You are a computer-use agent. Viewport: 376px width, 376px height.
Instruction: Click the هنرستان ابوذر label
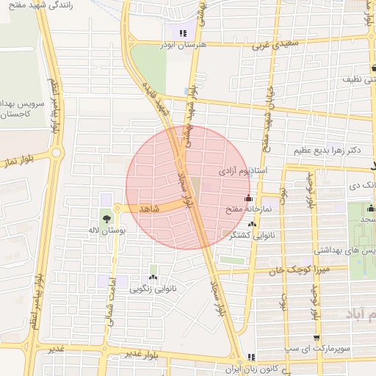179,44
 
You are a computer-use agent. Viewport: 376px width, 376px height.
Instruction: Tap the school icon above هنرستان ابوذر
183,33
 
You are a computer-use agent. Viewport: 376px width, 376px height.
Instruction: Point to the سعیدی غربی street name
272,46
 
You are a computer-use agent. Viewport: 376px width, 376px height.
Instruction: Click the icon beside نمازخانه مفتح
248,198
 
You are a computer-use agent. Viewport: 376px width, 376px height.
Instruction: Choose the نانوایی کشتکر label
253,236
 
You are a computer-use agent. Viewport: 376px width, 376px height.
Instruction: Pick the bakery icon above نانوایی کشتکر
253,225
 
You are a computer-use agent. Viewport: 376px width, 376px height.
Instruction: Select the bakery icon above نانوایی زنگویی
153,277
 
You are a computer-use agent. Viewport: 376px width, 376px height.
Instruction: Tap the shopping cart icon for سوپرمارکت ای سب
317,338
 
